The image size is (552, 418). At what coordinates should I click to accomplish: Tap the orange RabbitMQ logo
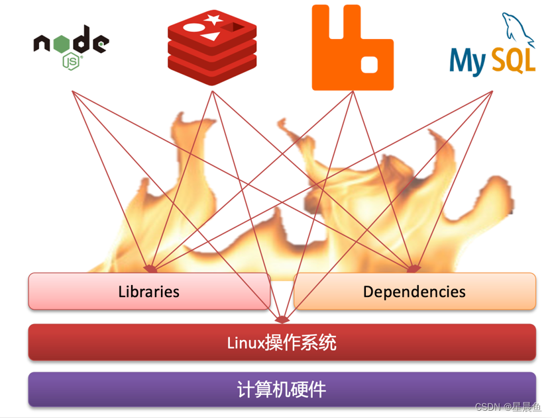[353, 48]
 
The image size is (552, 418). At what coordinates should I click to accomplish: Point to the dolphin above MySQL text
[518, 30]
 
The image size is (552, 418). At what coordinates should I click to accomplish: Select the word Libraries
[148, 292]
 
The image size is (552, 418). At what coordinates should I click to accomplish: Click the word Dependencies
[414, 292]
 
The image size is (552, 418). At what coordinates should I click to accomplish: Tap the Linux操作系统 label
[282, 343]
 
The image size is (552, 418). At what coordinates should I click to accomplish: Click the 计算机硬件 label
[282, 389]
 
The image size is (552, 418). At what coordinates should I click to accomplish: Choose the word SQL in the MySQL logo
[513, 62]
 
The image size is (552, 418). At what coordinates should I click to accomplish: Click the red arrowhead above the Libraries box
[151, 269]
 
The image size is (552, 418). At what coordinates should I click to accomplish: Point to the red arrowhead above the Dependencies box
[413, 269]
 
